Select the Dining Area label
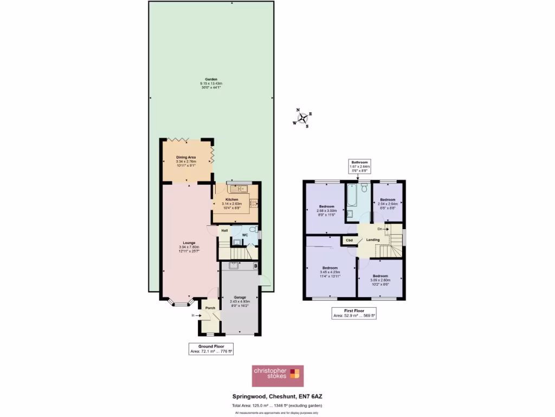coord(185,157)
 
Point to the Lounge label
coord(189,243)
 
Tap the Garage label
coord(240,298)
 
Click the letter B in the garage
coord(255,266)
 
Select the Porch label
coord(210,308)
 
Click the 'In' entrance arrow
coord(193,314)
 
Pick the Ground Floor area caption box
coord(211,349)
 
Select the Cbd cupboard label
coord(350,240)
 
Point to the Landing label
coord(372,239)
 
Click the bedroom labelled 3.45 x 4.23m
coord(330,271)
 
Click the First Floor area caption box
coord(354,312)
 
